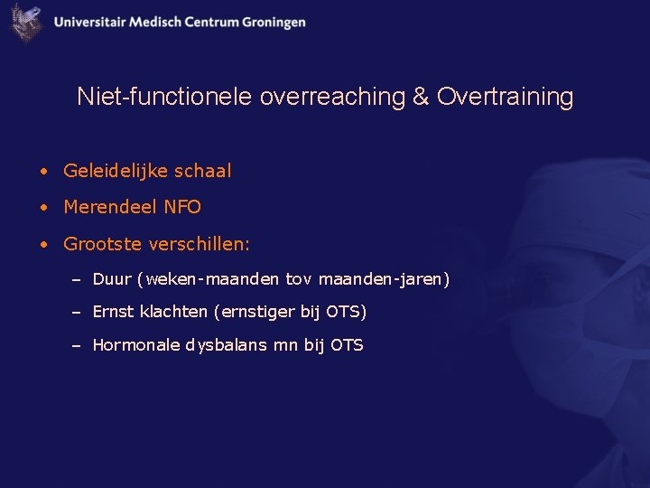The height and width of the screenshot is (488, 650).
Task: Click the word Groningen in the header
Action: (x=274, y=23)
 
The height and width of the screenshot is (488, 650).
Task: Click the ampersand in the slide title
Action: (x=421, y=97)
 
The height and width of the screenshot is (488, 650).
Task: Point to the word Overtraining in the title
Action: (x=505, y=97)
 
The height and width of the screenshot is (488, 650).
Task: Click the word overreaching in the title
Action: (x=332, y=97)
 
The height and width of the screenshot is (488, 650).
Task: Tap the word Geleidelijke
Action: (x=114, y=171)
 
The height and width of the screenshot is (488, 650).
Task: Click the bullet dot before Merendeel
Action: (x=42, y=208)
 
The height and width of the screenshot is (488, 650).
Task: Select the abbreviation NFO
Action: (x=182, y=207)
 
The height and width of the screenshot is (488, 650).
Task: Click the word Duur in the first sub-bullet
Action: (x=112, y=279)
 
